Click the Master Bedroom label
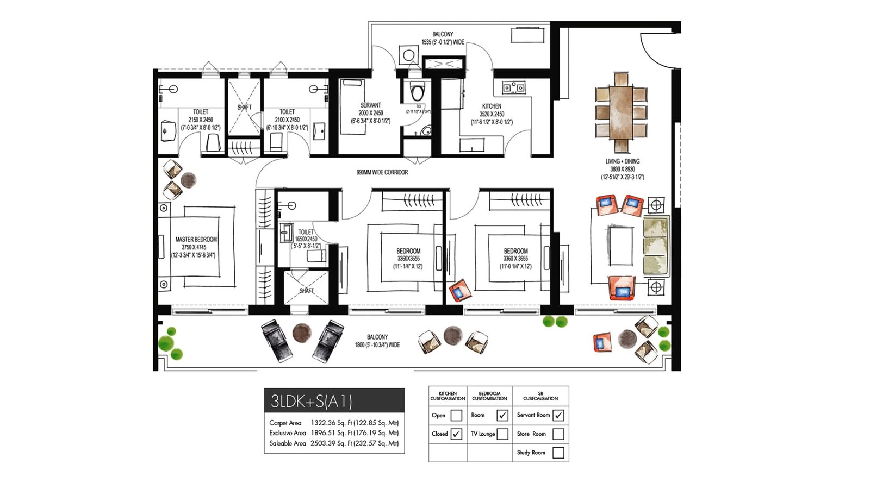[x=196, y=240]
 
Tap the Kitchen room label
[x=492, y=106]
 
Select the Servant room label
[x=371, y=105]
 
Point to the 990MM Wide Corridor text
[x=382, y=172]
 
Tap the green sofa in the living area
[x=656, y=245]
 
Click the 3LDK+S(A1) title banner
[x=334, y=401]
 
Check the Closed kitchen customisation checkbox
[x=457, y=434]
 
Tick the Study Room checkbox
[x=558, y=453]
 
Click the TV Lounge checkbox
[x=502, y=434]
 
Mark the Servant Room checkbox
[x=558, y=415]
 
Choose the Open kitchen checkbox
[x=457, y=416]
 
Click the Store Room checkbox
[x=558, y=434]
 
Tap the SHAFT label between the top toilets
[x=244, y=108]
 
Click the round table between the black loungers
[x=302, y=333]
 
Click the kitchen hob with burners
[x=513, y=87]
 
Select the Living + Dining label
[x=623, y=161]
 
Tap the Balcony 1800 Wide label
[x=377, y=341]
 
